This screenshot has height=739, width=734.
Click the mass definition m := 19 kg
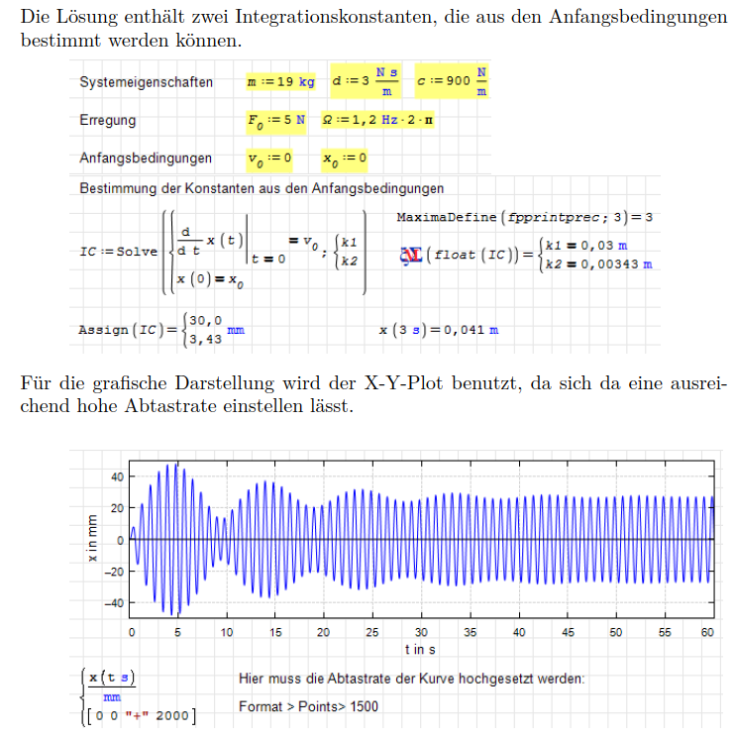(280, 81)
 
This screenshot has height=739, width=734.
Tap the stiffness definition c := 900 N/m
(453, 81)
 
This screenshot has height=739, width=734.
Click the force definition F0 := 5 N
(276, 120)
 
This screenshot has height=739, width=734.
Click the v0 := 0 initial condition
(269, 158)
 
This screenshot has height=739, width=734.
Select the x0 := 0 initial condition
(345, 158)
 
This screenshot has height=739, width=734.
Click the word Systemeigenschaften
(147, 82)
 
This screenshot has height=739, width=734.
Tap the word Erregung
(108, 120)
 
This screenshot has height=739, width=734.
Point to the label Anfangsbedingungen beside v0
(146, 158)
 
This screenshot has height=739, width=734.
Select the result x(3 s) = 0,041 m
(439, 329)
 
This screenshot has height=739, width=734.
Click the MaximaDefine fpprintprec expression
(524, 216)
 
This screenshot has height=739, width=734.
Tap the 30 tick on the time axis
(421, 632)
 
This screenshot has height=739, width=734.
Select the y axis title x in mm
(91, 539)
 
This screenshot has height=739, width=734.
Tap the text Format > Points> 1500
(308, 706)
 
